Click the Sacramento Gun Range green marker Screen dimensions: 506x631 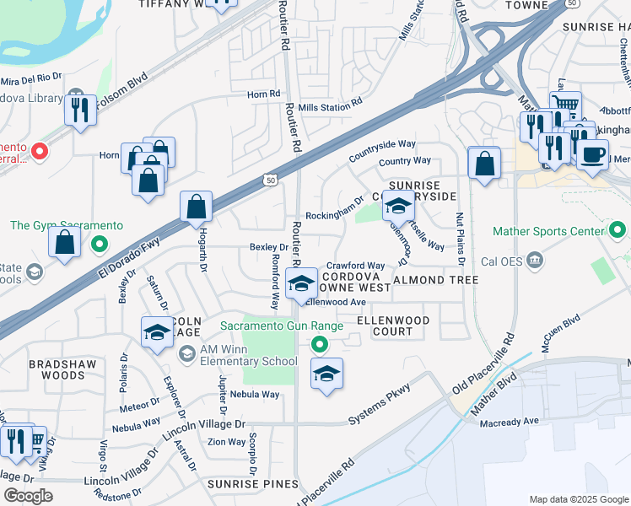point(319,343)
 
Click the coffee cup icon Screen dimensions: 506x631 point(592,154)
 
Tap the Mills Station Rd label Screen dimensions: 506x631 point(330,103)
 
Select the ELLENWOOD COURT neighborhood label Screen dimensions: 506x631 point(393,326)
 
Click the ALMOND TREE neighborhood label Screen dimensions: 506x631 point(430,279)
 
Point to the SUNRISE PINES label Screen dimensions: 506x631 point(253,484)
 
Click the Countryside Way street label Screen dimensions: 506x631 point(382,145)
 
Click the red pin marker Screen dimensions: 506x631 point(39,152)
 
